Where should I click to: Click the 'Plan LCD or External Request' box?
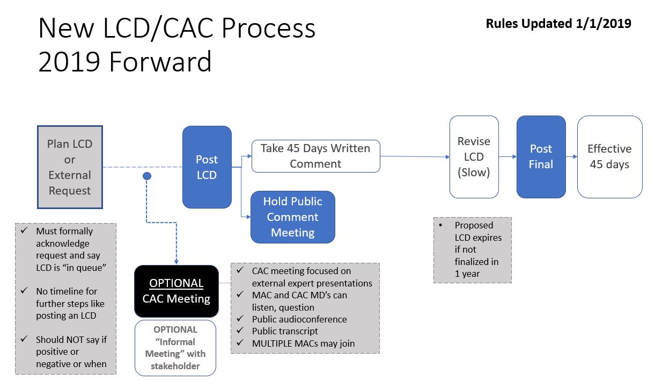(70, 167)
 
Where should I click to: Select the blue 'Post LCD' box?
(207, 167)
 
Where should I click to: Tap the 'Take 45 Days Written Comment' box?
(315, 156)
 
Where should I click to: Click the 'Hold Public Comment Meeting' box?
(292, 217)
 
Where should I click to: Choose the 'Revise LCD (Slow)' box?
(474, 157)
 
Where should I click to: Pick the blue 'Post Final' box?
(541, 156)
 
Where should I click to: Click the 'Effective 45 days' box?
(609, 156)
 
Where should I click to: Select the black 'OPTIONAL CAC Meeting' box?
(176, 291)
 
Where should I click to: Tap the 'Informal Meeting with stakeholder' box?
(175, 348)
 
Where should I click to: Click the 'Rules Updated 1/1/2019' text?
(558, 24)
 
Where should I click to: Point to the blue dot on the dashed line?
(147, 176)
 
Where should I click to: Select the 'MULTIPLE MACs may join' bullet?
(303, 343)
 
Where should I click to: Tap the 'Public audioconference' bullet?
(299, 319)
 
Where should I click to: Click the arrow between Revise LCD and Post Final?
(507, 157)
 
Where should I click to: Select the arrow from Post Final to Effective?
(571, 157)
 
